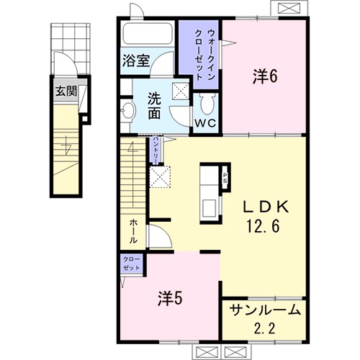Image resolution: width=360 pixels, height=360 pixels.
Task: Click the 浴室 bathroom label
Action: point(136,60)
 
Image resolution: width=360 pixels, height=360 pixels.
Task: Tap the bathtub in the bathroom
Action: point(148,33)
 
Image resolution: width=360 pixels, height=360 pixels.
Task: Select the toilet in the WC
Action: point(207,104)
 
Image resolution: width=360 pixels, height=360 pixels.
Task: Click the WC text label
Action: point(205,123)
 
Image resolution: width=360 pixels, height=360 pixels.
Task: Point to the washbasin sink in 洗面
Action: point(128,111)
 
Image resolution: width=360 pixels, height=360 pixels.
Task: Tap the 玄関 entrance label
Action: point(66,91)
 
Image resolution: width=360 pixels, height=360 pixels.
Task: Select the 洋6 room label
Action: point(264,76)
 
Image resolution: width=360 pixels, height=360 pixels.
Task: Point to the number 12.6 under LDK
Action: point(263,227)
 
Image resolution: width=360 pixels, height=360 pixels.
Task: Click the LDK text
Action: point(266,207)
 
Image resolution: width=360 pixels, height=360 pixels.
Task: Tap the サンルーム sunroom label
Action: point(265,310)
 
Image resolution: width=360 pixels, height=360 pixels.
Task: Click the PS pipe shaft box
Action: point(225,178)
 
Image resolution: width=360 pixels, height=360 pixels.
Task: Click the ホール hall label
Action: point(133,232)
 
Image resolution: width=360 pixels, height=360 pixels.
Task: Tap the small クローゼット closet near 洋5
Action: point(131,264)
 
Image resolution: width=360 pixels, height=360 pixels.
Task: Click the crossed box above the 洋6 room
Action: point(289,9)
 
